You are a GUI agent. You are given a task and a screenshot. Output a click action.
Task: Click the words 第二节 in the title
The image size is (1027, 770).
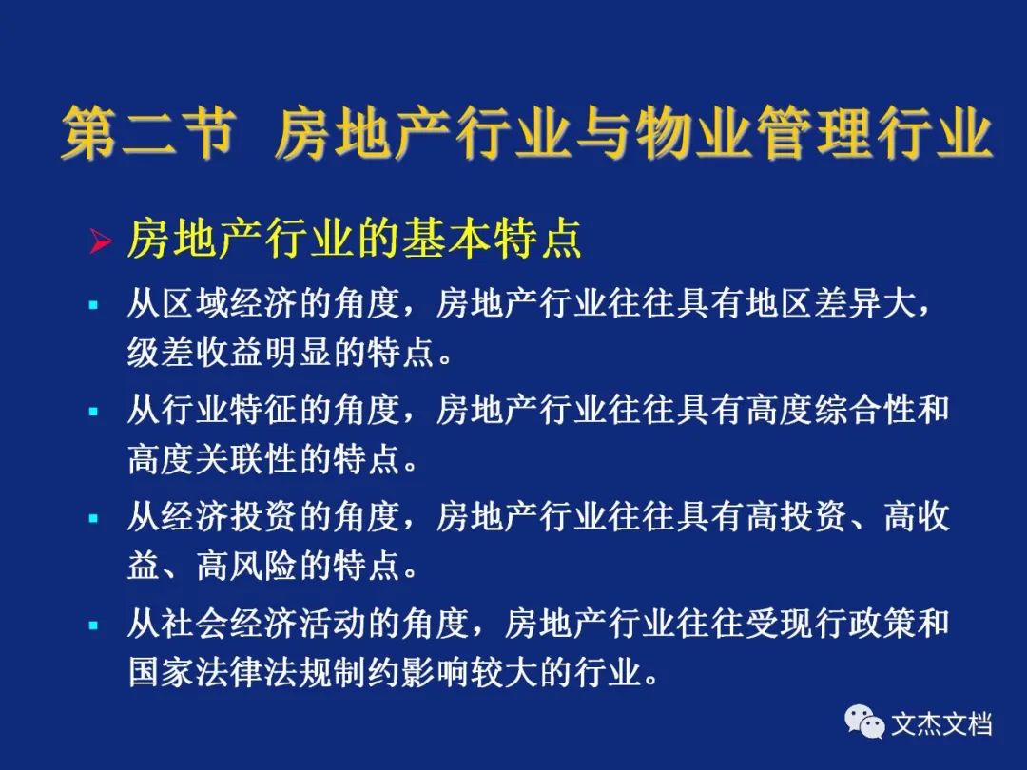click(148, 133)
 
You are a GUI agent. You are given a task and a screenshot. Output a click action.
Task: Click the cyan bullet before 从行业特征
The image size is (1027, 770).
click(93, 412)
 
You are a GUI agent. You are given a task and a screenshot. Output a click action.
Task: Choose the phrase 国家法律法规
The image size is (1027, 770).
click(230, 672)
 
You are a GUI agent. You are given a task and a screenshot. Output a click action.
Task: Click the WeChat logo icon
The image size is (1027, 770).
click(864, 722)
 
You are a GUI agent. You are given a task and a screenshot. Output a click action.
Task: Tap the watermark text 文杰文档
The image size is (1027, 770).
click(941, 724)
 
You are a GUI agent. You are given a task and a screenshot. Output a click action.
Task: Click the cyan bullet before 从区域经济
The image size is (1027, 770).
click(93, 304)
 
